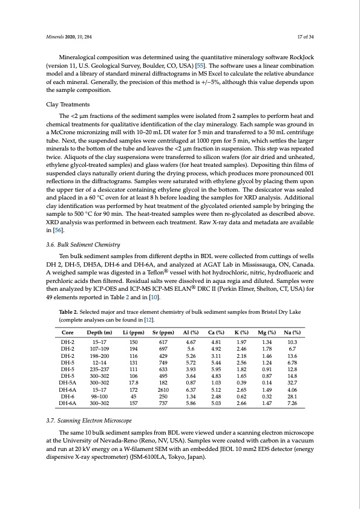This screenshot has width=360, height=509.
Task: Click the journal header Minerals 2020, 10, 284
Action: pos(68,37)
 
